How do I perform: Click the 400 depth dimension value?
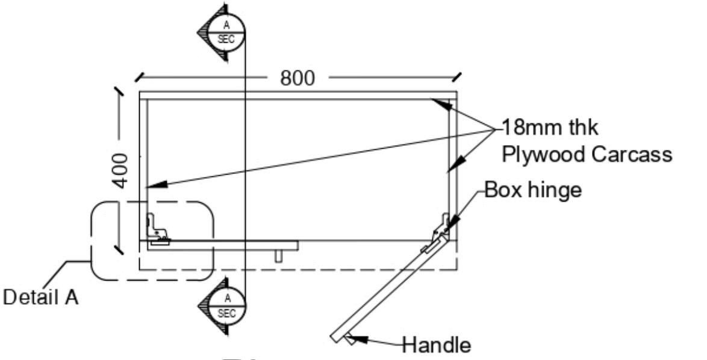click(121, 170)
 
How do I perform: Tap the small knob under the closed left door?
click(279, 256)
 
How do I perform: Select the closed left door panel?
click(223, 245)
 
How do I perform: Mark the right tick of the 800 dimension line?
click(457, 77)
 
